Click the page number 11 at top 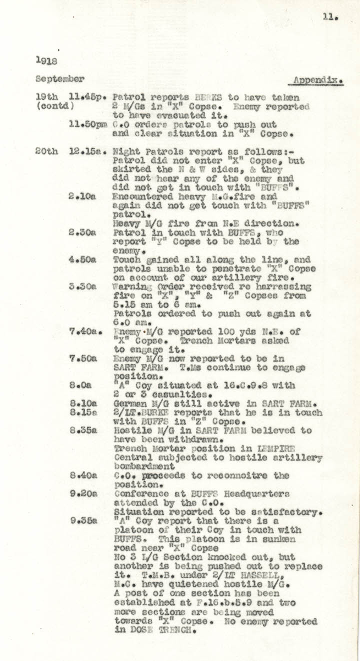coord(330,16)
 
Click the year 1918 coord(46,60)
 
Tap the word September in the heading coord(60,78)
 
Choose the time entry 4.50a coord(82,259)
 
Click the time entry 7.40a coord(83,332)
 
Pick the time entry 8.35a coord(82,430)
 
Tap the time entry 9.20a coord(82,493)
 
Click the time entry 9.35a coord(82,520)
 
